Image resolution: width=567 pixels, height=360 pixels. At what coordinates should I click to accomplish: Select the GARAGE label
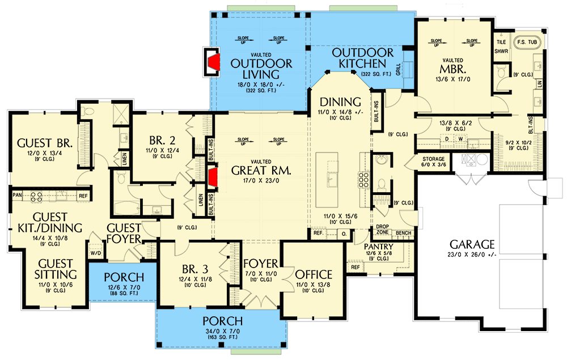coord(472,244)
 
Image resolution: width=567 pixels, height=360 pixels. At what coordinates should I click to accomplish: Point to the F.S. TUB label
coord(527,42)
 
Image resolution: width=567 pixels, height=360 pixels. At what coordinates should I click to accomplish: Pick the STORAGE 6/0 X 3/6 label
coord(434,162)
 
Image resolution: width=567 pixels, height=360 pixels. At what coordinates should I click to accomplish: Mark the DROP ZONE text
coord(382,230)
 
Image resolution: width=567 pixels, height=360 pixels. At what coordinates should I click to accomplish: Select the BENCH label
coord(403,233)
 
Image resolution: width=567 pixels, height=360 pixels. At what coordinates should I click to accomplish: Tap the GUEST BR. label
coord(43,142)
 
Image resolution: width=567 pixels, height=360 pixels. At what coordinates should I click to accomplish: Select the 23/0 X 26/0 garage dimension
coord(472,255)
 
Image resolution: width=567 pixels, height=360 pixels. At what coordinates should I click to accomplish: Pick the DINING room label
coord(340,101)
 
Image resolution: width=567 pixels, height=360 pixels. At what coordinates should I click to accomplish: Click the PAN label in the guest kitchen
coord(17,196)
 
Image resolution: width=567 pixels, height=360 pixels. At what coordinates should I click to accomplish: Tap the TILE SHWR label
coord(501,46)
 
